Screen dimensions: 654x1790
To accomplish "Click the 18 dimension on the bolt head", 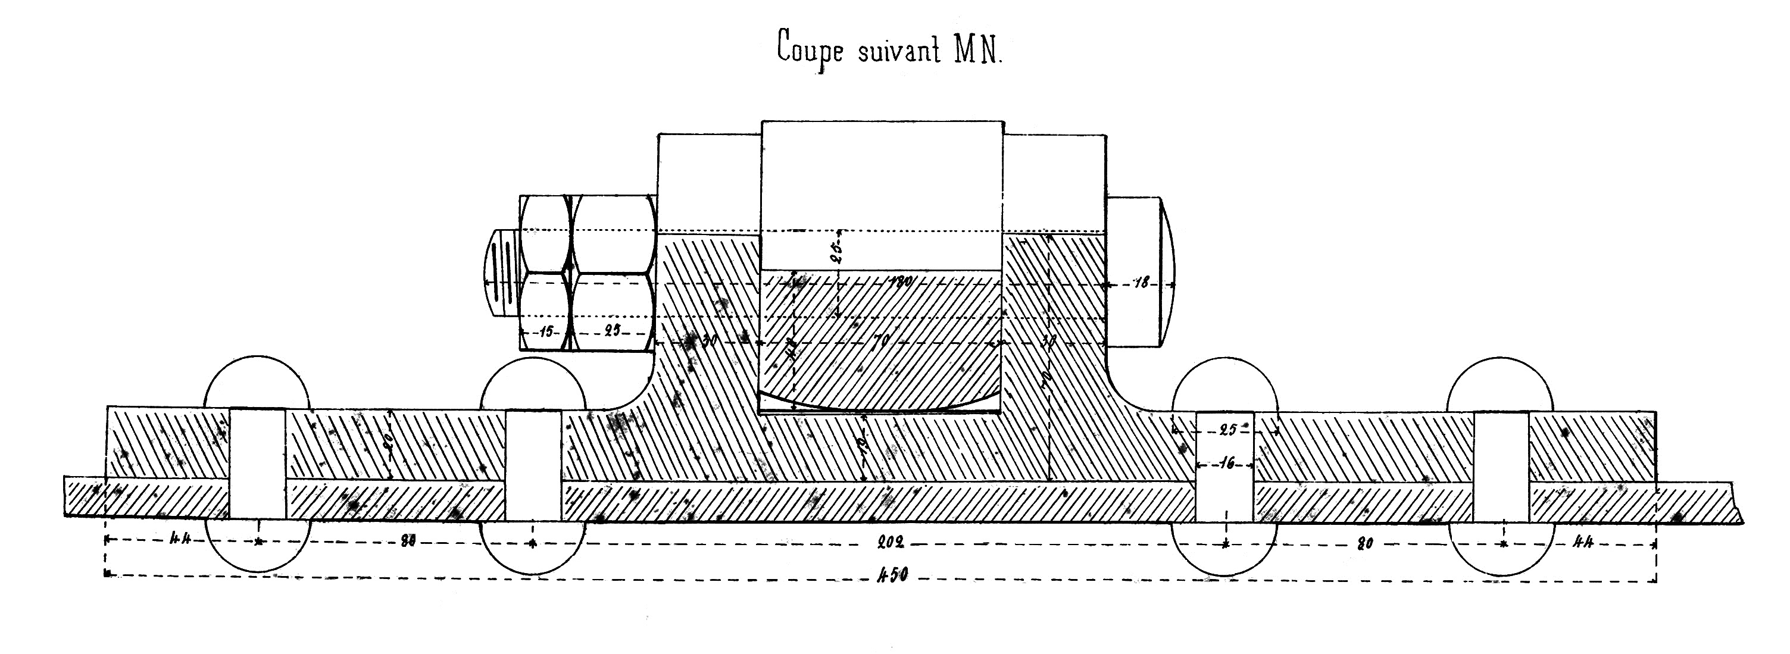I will [x=1141, y=283].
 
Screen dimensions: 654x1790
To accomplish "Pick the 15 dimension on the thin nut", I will [x=547, y=331].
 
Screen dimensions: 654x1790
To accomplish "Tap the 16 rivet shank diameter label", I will [x=1226, y=464].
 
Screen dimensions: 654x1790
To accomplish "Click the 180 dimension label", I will [x=901, y=281].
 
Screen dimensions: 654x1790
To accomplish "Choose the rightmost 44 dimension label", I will [x=1583, y=542].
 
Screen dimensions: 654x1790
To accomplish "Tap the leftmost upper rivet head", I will [x=257, y=382].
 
